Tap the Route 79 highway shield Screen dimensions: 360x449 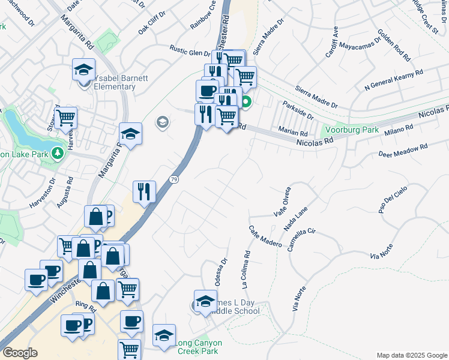click(174, 180)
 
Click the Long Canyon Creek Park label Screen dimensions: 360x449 click(198, 346)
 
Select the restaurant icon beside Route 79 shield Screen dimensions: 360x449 click(144, 191)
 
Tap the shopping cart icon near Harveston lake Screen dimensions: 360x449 click(66, 117)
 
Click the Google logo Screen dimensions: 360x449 click(20, 353)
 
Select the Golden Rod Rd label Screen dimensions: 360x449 click(394, 46)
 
